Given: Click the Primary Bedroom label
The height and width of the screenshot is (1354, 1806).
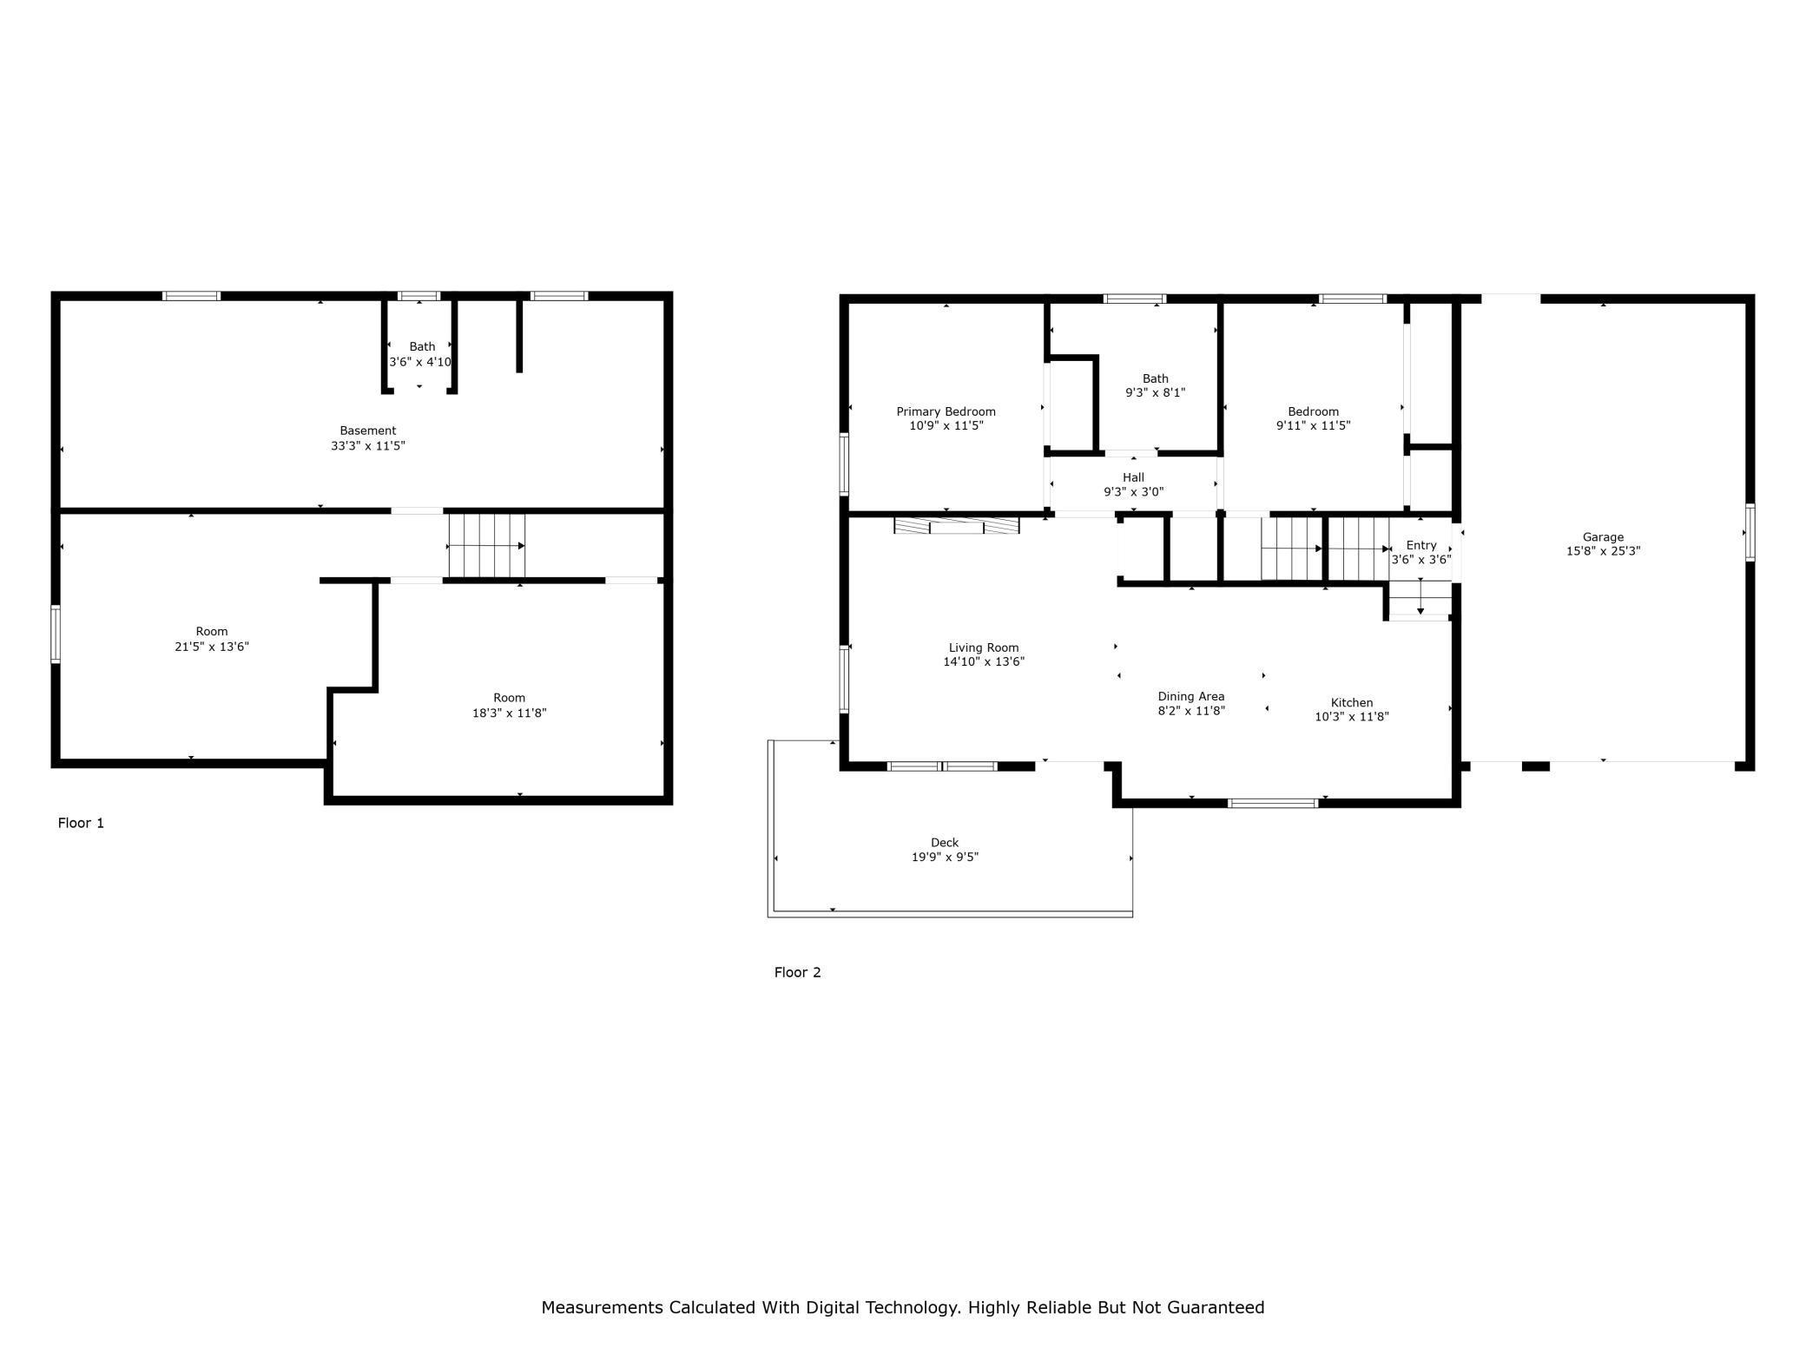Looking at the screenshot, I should (x=946, y=411).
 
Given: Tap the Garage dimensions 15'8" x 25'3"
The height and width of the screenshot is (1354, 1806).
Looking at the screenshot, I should (x=1602, y=551).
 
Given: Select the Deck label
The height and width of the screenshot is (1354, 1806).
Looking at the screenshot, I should (x=944, y=843).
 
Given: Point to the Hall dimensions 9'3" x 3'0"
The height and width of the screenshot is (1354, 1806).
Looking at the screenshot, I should (x=1133, y=492).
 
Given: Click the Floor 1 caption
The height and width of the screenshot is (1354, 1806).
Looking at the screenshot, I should (x=81, y=823).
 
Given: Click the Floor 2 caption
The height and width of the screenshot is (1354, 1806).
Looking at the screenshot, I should (x=797, y=972).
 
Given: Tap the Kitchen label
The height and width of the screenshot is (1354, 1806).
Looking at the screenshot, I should (x=1351, y=703).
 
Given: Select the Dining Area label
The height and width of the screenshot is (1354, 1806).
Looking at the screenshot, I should (x=1190, y=696).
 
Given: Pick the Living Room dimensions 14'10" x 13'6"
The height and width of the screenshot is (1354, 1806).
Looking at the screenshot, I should (x=983, y=661).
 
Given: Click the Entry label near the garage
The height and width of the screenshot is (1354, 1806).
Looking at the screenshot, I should (x=1420, y=545).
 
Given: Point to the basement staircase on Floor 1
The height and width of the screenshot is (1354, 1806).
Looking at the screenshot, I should (x=486, y=545).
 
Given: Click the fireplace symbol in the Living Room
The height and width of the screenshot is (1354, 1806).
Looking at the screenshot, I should (x=956, y=525).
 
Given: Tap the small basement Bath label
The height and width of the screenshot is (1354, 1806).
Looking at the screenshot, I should (x=422, y=347).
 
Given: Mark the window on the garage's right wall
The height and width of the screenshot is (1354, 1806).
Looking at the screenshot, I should (x=1750, y=532).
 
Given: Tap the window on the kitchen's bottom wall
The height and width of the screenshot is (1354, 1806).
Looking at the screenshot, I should (x=1273, y=803).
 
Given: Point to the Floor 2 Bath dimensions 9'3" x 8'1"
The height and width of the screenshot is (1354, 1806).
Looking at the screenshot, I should (x=1155, y=392).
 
